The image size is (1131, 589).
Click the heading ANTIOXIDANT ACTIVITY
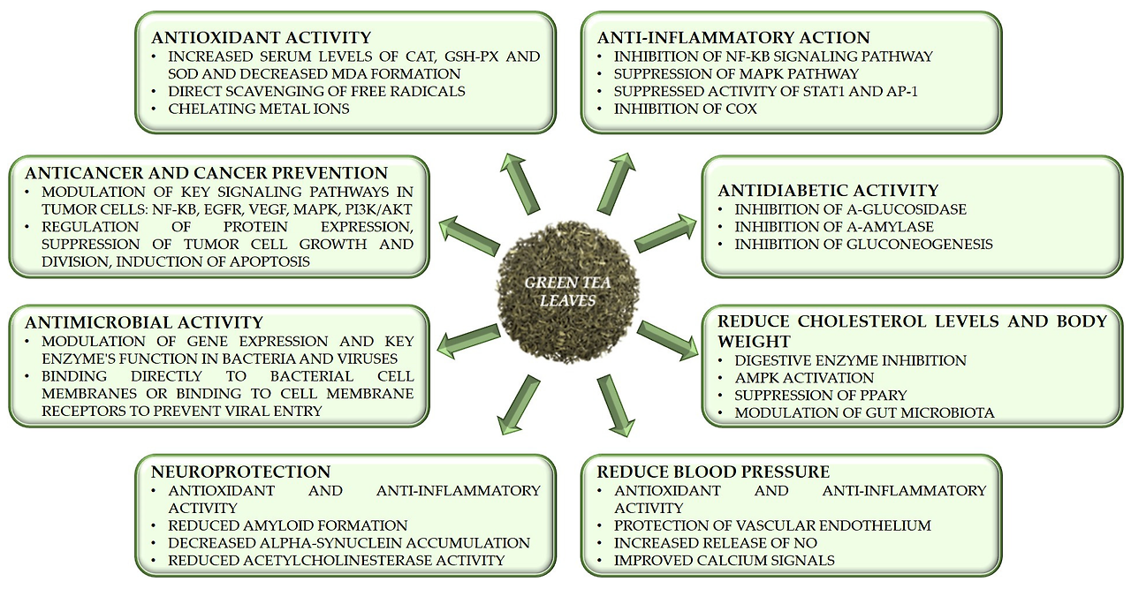pyautogui.click(x=261, y=38)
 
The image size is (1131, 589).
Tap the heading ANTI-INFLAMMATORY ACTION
pyautogui.click(x=733, y=38)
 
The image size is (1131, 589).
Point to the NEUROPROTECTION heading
pyautogui.click(x=241, y=472)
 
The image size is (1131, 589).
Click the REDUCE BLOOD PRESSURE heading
pyautogui.click(x=713, y=472)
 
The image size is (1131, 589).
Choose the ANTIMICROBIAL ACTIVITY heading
pyautogui.click(x=144, y=322)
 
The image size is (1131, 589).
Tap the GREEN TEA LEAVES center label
pyautogui.click(x=561, y=291)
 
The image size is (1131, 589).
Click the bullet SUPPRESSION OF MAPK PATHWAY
pyautogui.click(x=737, y=74)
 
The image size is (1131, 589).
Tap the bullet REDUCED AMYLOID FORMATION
pyautogui.click(x=288, y=525)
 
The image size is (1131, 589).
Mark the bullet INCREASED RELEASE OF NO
pyautogui.click(x=716, y=543)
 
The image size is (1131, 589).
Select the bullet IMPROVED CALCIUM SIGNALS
pyautogui.click(x=725, y=561)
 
